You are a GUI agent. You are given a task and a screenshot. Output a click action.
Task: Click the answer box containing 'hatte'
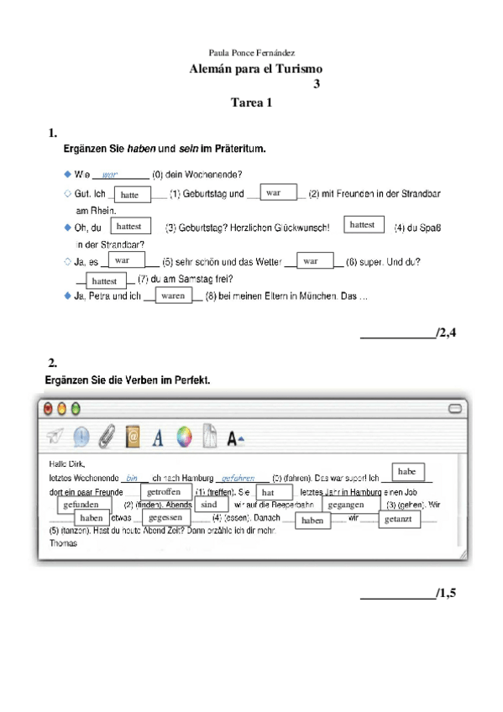pyautogui.click(x=130, y=195)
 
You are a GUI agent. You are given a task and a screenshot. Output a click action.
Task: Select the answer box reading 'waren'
pyautogui.click(x=173, y=296)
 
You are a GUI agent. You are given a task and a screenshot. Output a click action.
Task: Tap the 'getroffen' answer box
pyautogui.click(x=164, y=491)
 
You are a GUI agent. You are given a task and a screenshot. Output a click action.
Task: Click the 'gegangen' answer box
pyautogui.click(x=346, y=505)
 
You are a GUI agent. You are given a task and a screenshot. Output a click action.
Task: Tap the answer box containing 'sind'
pyautogui.click(x=209, y=505)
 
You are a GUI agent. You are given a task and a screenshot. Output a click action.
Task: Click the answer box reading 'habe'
pyautogui.click(x=407, y=472)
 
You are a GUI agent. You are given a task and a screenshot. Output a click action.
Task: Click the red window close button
pyautogui.click(x=48, y=408)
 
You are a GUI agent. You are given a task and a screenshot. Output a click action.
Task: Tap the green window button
pyautogui.click(x=75, y=408)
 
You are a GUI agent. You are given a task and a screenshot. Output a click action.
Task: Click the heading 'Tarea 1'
pyautogui.click(x=251, y=103)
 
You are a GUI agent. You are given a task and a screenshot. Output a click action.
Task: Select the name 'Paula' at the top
pyautogui.click(x=217, y=52)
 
